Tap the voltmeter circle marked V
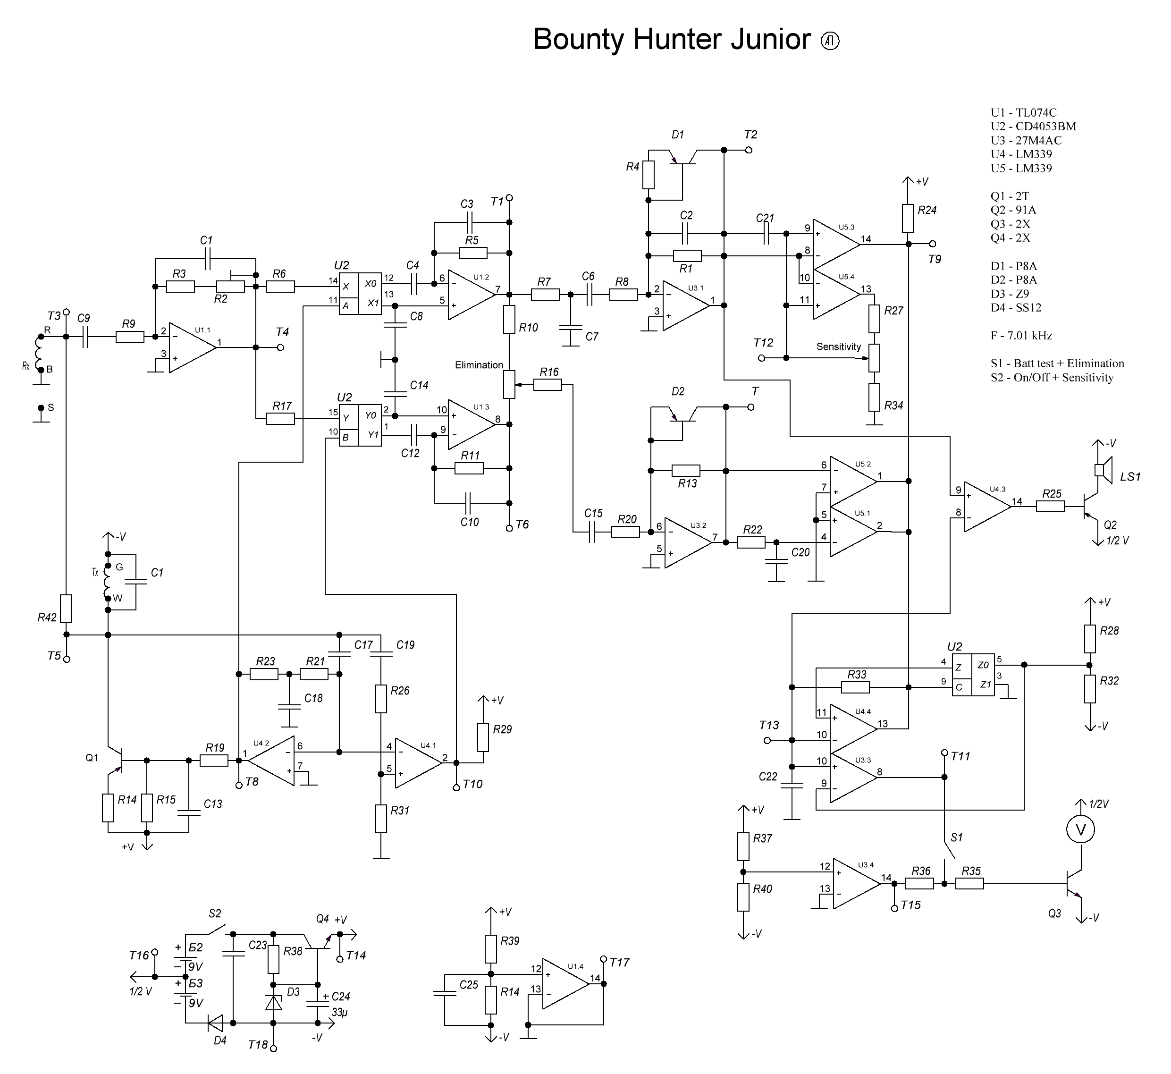coord(1080,830)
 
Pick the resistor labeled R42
coord(66,609)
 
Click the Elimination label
coord(479,365)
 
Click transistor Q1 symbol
coord(115,760)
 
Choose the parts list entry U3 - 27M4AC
coord(1026,141)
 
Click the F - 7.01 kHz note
coord(1021,335)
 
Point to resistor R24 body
coord(908,219)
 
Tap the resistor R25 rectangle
coord(1050,507)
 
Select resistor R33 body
coord(855,687)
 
